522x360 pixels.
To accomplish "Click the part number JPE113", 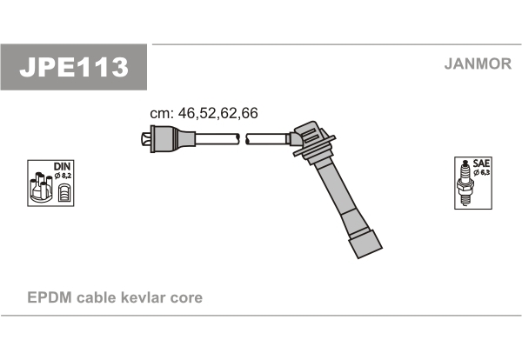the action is click(x=74, y=67).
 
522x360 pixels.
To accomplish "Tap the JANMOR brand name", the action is click(x=478, y=63).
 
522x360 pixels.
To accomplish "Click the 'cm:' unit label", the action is click(x=162, y=113).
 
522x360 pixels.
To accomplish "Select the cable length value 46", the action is click(x=186, y=113).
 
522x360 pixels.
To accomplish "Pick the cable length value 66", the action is click(x=250, y=113).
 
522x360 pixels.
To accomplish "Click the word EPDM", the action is click(x=50, y=297).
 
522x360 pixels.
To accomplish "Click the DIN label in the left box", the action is click(x=62, y=166).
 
